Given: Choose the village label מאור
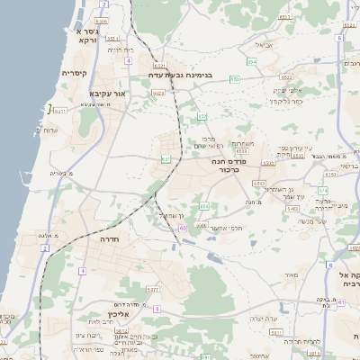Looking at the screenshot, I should pyautogui.click(x=289, y=274).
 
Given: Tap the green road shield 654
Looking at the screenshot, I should pyautogui.click(x=253, y=61).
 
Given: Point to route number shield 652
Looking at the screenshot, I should pyautogui.click(x=202, y=116).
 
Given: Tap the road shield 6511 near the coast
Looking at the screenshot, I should pyautogui.click(x=61, y=111).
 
